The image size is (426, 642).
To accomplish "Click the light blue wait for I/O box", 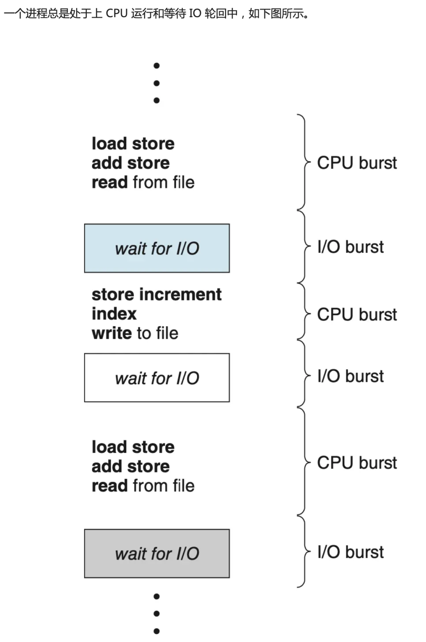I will click(x=157, y=248).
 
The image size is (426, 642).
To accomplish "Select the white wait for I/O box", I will click(x=157, y=378).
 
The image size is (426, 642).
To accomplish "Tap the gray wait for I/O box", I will click(x=157, y=554).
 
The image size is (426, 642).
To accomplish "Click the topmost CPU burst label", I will click(x=357, y=163).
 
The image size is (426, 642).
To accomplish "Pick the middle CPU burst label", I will click(x=357, y=315).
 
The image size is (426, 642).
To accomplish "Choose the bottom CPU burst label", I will click(x=357, y=463).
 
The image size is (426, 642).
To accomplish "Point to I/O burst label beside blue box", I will click(x=350, y=247).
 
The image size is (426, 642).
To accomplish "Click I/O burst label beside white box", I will click(x=350, y=376).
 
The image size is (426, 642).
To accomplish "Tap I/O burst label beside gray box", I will click(x=350, y=552).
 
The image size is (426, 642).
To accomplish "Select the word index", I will click(x=114, y=314).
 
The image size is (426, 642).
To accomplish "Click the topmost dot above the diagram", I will click(x=157, y=66).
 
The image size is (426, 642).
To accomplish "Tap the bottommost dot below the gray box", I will click(x=157, y=631).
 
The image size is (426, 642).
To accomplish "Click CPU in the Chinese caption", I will click(x=117, y=13).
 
